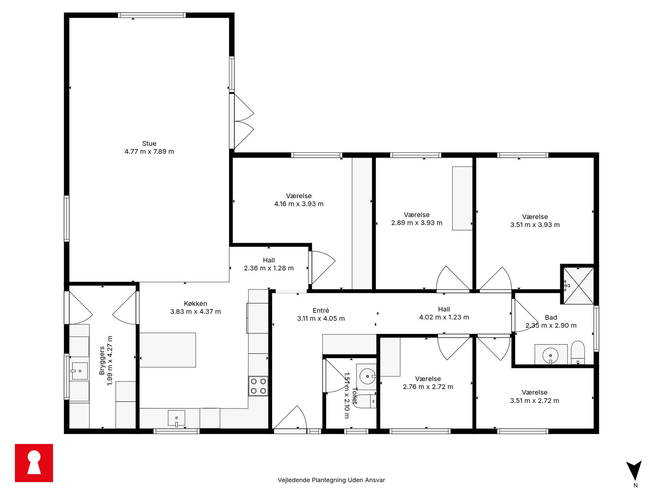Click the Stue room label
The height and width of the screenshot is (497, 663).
pyautogui.click(x=149, y=144)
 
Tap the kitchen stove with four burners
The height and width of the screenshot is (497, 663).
pyautogui.click(x=258, y=386)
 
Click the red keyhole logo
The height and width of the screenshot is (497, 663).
pyautogui.click(x=34, y=463)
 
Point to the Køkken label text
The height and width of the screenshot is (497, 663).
pyautogui.click(x=195, y=304)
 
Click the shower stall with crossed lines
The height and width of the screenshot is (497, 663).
pyautogui.click(x=579, y=286)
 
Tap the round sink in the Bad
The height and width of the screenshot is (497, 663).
pyautogui.click(x=550, y=355)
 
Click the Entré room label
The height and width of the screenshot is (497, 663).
pyautogui.click(x=321, y=311)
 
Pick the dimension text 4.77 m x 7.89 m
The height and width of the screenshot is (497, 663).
pyautogui.click(x=149, y=152)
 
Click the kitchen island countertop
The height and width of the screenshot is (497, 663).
pyautogui.click(x=167, y=350)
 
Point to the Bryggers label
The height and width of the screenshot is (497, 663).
pyautogui.click(x=102, y=361)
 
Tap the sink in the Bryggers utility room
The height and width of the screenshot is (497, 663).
pyautogui.click(x=80, y=371)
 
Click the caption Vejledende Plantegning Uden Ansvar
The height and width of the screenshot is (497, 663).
pyautogui.click(x=331, y=480)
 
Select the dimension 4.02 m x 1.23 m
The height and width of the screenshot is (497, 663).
pyautogui.click(x=444, y=317)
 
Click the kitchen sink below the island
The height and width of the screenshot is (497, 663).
pyautogui.click(x=176, y=418)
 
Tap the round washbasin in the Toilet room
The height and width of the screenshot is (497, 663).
pyautogui.click(x=367, y=376)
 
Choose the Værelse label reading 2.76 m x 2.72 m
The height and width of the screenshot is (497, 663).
pyautogui.click(x=428, y=383)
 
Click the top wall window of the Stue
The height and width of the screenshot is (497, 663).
pyautogui.click(x=152, y=15)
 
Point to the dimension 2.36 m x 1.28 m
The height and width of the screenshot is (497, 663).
pyautogui.click(x=269, y=268)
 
